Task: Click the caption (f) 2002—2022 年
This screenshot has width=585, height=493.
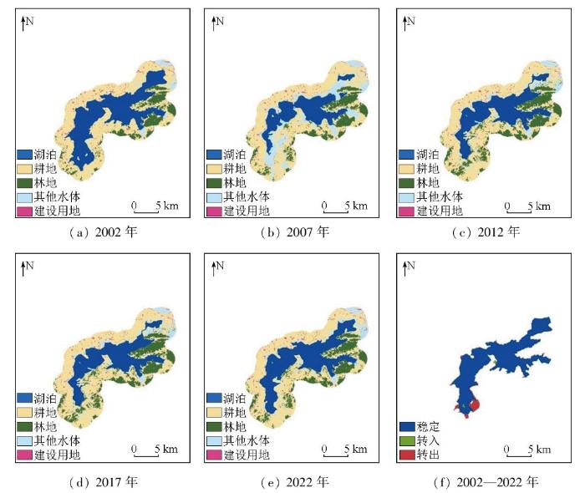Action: [x=482, y=482]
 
